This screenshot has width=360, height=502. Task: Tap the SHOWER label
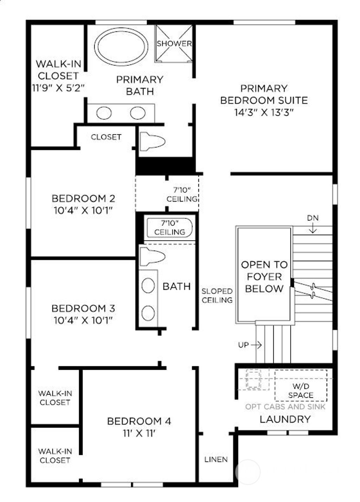click(x=174, y=44)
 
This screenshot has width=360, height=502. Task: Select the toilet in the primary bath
click(x=152, y=141)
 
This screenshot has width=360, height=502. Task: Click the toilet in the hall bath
click(x=152, y=256)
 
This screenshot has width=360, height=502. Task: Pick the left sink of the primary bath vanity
click(x=104, y=113)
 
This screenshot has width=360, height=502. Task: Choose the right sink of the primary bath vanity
click(x=137, y=113)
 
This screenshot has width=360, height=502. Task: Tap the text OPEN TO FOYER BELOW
click(x=264, y=277)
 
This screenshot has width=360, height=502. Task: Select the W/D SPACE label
click(x=301, y=390)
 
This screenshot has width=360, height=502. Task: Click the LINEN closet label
click(x=216, y=459)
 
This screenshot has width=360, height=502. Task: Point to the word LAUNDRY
click(x=285, y=419)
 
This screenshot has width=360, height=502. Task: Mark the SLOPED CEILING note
click(x=217, y=296)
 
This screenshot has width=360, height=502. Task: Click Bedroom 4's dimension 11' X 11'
click(x=139, y=433)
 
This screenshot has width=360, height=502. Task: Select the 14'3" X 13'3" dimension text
click(x=264, y=112)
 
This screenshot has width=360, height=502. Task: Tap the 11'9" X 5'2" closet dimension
click(x=58, y=88)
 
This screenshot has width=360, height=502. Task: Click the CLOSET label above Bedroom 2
click(x=106, y=137)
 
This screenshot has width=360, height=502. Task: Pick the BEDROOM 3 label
click(x=83, y=309)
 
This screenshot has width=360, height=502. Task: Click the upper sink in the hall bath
click(x=148, y=285)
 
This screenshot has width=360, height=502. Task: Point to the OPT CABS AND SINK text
click(x=285, y=407)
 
